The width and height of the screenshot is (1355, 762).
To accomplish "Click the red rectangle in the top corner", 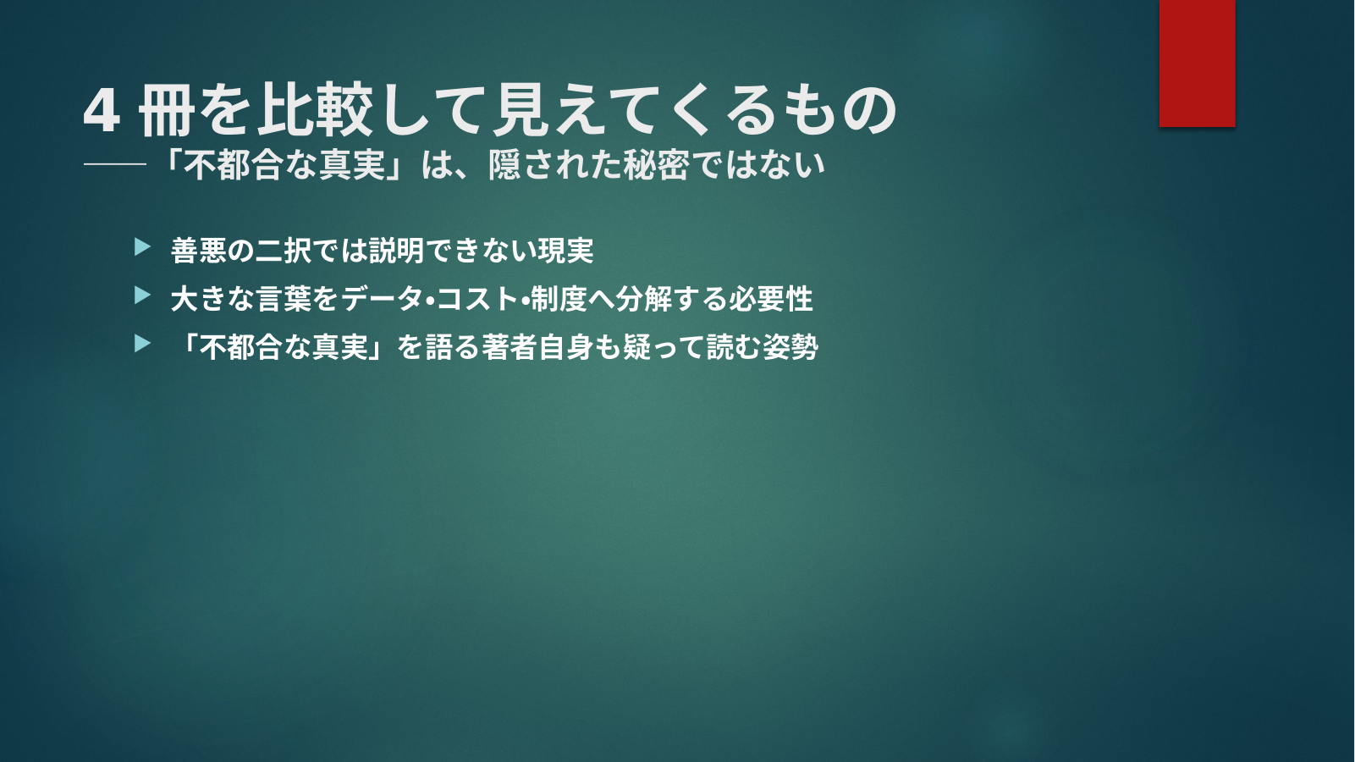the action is pos(1197,63).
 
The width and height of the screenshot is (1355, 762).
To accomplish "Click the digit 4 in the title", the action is pos(102,112).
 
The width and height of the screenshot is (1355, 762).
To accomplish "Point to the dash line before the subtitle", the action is pos(115,164).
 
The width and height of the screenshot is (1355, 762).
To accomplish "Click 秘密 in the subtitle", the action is pos(656,164).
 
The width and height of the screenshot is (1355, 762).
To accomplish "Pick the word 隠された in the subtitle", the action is pos(554,164).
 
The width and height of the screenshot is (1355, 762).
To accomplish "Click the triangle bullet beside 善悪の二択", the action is pos(143,247).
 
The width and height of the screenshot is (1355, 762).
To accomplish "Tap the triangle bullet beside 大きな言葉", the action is pos(143,295).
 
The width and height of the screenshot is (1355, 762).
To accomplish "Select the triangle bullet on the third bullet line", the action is pos(143,344).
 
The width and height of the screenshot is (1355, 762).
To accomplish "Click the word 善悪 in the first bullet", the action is pos(198,251).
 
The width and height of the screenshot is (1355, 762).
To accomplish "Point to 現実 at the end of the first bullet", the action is pos(566,251).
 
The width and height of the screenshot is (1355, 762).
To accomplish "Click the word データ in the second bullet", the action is pos(382,299).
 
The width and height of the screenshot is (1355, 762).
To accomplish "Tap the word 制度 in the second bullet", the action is pos(559,299).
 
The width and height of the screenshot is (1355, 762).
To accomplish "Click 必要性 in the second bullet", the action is pos(771,299).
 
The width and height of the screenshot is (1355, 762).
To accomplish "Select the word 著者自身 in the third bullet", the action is pos(537,347).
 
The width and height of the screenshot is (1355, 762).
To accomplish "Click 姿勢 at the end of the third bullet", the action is pos(790,347).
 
